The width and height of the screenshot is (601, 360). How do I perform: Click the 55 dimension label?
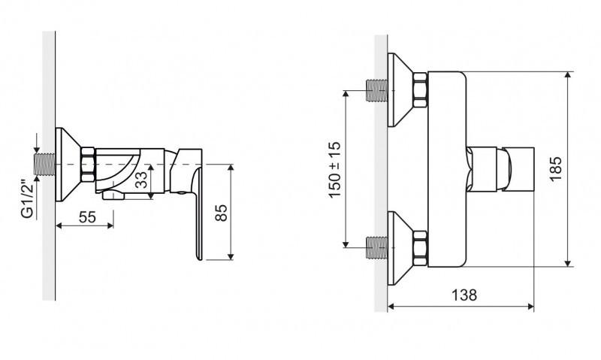coord(87,217)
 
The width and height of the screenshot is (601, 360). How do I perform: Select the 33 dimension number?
coord(142,180)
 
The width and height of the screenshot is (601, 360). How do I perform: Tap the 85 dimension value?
coord(221,213)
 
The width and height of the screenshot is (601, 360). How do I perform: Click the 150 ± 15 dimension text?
coord(334,169)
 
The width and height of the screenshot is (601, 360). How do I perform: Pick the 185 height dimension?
coord(555,169)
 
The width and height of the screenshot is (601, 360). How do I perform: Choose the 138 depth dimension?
coord(464,295)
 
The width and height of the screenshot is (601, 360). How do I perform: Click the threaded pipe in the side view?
coord(45,165)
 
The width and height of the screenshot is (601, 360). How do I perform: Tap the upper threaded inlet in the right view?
coord(377,90)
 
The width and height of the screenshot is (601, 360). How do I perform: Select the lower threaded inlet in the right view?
coord(377,248)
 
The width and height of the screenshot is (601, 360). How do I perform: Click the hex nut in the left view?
coord(88,165)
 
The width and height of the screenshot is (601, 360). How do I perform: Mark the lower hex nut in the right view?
coord(421,249)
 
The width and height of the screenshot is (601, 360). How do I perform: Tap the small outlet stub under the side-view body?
coord(113,195)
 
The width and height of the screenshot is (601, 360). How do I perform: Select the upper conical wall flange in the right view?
coord(400,89)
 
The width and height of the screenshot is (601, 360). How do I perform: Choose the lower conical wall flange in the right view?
coord(400,249)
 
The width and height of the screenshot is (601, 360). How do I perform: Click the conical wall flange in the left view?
coord(68,165)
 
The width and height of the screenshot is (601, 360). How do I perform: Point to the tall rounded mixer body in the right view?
coord(447,169)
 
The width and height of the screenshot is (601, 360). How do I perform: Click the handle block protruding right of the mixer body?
coord(500,169)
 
